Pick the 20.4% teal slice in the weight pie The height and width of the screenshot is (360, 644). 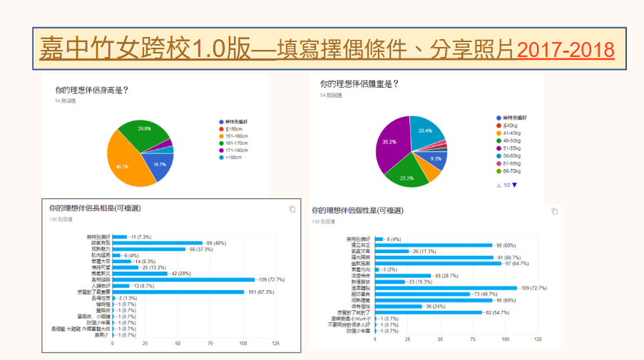click(x=426, y=133)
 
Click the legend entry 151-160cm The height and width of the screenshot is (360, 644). click(x=236, y=136)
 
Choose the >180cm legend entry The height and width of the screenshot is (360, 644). click(x=235, y=158)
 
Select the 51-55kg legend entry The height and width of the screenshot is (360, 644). click(x=511, y=148)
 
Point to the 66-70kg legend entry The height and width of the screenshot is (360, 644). click(x=511, y=172)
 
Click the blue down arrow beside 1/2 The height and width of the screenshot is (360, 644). click(x=514, y=185)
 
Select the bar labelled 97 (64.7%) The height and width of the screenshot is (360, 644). click(x=438, y=263)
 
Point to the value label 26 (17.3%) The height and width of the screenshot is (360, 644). click(x=425, y=251)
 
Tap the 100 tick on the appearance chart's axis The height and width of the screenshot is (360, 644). click(x=244, y=344)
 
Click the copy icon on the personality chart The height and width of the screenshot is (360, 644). click(x=555, y=211)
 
